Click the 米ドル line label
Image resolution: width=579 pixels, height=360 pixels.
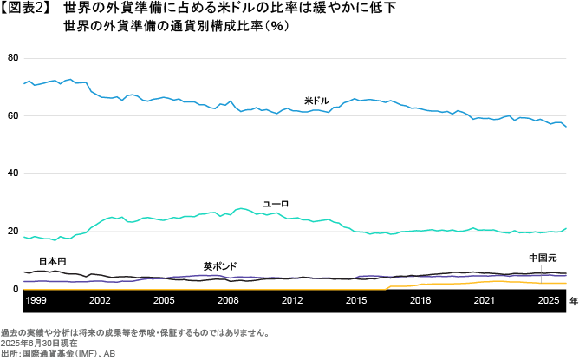coord(316,101)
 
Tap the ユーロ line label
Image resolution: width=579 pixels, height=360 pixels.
coord(276,204)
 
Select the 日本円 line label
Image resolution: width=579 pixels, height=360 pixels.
coord(52,261)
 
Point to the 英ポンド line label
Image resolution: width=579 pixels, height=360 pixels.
coord(220,266)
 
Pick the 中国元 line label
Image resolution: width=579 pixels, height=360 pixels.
coord(543,259)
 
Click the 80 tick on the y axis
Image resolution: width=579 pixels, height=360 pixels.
coord(12,57)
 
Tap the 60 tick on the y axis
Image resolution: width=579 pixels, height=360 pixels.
coord(12,115)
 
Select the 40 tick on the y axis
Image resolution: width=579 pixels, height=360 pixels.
coord(12,173)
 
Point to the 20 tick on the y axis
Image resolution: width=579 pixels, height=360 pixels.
coord(12,232)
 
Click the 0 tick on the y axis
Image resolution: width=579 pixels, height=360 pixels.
coord(15,290)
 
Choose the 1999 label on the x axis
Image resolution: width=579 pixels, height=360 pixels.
coord(36,300)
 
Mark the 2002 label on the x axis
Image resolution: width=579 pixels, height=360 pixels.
coord(100,300)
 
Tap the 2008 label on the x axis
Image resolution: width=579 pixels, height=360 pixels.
coord(228,300)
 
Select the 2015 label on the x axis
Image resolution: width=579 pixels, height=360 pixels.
coord(356,300)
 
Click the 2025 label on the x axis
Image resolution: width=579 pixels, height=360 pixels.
coord(548,300)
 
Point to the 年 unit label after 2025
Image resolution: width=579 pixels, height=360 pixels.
coord(573,300)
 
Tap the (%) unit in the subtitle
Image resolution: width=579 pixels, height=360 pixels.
coord(277,26)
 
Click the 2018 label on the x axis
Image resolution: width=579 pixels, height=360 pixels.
coord(420,300)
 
